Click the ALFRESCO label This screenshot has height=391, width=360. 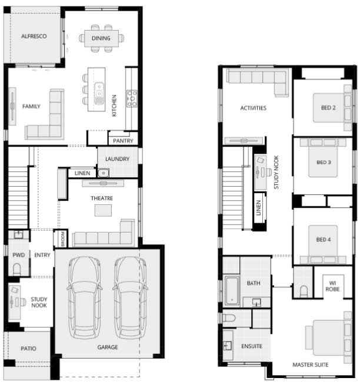34,36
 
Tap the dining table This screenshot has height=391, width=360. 101,38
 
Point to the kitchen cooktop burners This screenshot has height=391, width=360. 132,98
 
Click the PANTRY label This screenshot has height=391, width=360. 123,141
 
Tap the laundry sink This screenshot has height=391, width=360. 103,173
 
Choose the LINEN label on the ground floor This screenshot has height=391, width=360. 82,173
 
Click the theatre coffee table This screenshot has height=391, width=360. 103,210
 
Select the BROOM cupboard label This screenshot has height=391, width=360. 63,238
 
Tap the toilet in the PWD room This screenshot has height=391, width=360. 16,269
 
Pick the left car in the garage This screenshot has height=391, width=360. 85,298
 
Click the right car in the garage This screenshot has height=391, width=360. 131,298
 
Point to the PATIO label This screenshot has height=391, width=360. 28,349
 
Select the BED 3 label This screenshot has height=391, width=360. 324,163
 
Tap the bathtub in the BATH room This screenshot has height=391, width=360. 232,291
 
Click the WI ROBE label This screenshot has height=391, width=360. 332,286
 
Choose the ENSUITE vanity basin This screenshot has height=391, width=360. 228,346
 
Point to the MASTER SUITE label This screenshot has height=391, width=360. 311,365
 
